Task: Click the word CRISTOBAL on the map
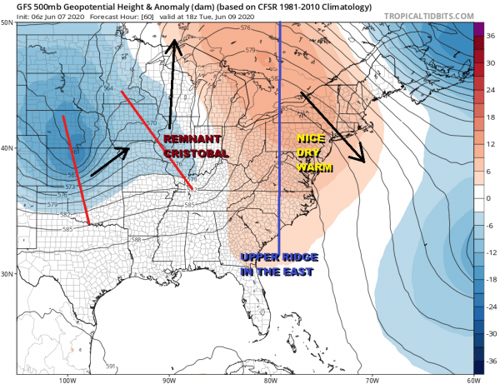[193, 153]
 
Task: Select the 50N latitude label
[7, 22]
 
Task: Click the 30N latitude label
[7, 274]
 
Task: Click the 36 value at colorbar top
[492, 28]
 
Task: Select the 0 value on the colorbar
[492, 198]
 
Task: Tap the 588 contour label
[136, 239]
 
